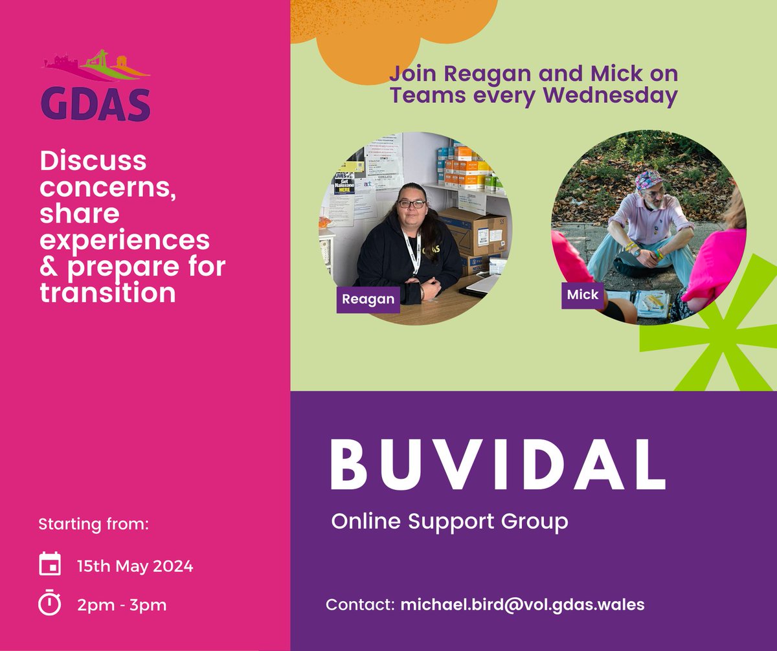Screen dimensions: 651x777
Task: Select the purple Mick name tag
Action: pyautogui.click(x=583, y=295)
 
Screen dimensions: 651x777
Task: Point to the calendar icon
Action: pyautogui.click(x=50, y=564)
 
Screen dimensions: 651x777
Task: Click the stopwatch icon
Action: pyautogui.click(x=50, y=603)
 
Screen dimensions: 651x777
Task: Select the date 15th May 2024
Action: pyautogui.click(x=135, y=566)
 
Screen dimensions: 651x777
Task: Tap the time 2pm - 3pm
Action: pyautogui.click(x=122, y=604)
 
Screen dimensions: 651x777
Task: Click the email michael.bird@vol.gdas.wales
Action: pyautogui.click(x=523, y=604)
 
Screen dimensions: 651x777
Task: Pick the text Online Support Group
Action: pyautogui.click(x=449, y=520)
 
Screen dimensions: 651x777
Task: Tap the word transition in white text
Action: pyautogui.click(x=107, y=292)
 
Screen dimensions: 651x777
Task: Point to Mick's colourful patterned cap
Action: pyautogui.click(x=648, y=178)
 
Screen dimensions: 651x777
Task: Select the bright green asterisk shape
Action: pyautogui.click(x=706, y=324)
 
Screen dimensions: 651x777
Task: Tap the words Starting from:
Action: pyautogui.click(x=94, y=523)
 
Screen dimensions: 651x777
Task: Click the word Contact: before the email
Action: pyautogui.click(x=360, y=604)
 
